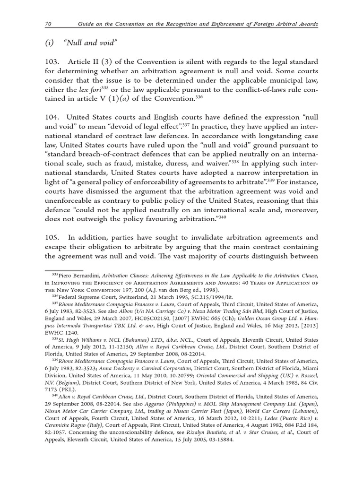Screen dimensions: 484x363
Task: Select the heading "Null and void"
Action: [x=90, y=43]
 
